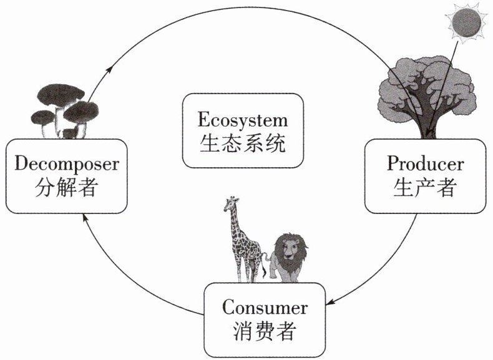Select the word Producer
coord(425,163)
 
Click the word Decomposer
coord(66,164)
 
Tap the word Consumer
coord(265,308)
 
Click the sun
coord(467,23)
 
